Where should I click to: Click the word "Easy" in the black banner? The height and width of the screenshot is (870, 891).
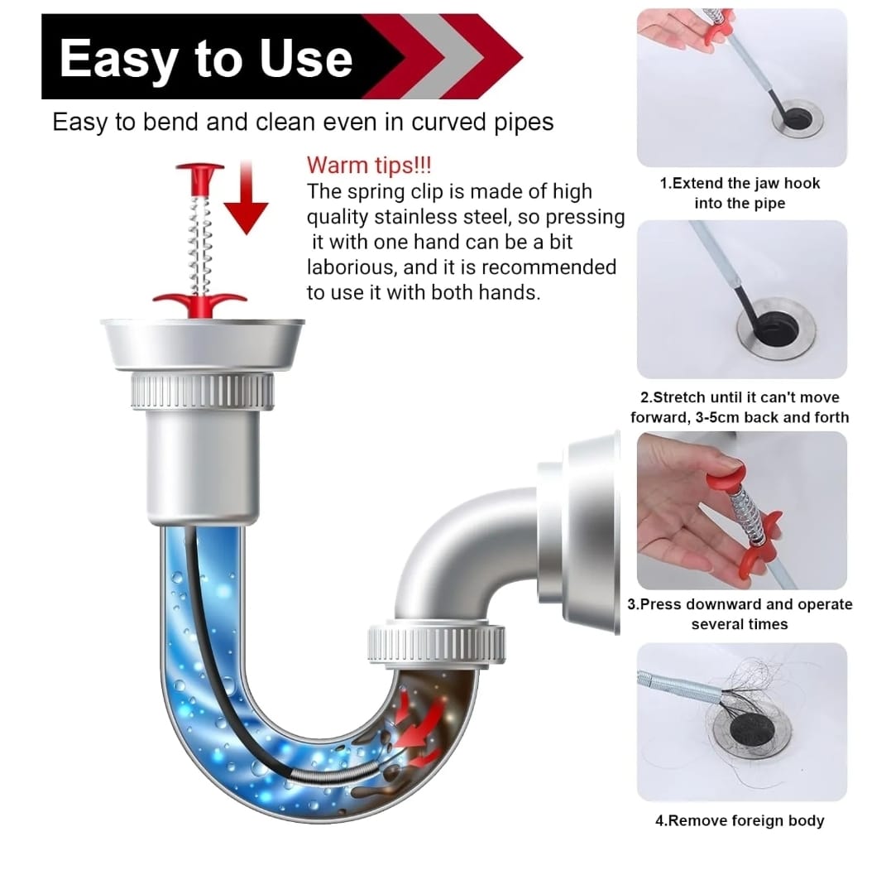tap(119, 59)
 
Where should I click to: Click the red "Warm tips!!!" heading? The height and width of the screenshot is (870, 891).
tap(369, 166)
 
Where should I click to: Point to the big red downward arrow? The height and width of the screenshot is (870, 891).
tap(246, 197)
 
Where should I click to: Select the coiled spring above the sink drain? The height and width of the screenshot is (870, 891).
tap(199, 243)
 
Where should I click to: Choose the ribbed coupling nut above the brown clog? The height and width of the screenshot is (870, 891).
tap(437, 644)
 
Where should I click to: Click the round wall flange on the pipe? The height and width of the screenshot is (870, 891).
tap(591, 533)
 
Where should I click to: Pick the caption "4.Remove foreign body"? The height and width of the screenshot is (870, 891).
tap(740, 820)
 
